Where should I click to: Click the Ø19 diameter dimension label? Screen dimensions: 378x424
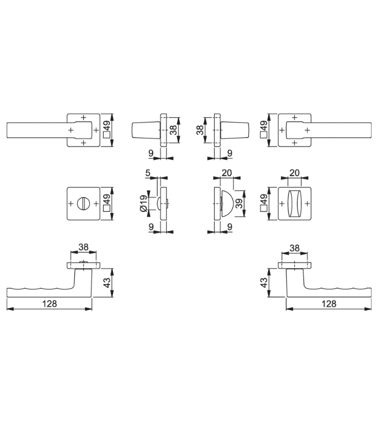[x=144, y=203]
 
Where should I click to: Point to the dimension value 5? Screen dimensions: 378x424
[x=148, y=172]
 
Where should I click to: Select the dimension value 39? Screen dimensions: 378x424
[x=239, y=203]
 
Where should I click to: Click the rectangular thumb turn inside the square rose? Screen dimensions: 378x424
[x=294, y=203]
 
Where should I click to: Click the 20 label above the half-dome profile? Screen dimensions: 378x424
[x=227, y=172]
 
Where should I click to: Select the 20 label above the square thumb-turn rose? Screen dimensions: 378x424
[x=294, y=172]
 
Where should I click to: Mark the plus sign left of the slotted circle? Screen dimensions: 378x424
[x=71, y=203]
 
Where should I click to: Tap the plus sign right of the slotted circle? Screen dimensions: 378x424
[x=96, y=203]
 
